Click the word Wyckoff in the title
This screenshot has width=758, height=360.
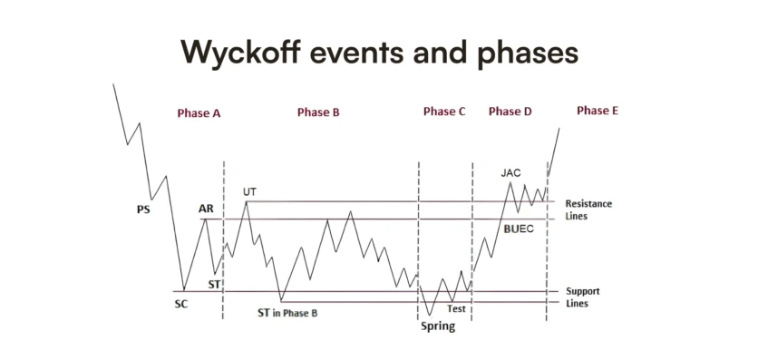coord(238,51)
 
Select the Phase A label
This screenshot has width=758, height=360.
coord(199,113)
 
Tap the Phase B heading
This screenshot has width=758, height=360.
coord(318,112)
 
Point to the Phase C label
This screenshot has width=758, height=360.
coord(444,112)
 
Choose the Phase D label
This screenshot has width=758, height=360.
coord(510,112)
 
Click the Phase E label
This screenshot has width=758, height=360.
coord(598,111)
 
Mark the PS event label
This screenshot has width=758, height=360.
coord(143,209)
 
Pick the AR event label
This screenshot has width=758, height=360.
coord(206,209)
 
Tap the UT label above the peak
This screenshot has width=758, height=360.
coord(250,191)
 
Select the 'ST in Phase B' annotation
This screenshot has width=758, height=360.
coord(287,313)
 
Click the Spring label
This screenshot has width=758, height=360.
coord(437,326)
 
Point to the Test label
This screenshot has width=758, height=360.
coord(457,308)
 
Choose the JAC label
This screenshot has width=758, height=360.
coord(510,172)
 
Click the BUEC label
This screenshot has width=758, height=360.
coord(520,229)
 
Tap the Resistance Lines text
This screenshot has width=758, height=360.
coord(588,210)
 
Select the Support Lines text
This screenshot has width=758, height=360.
coord(583,297)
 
